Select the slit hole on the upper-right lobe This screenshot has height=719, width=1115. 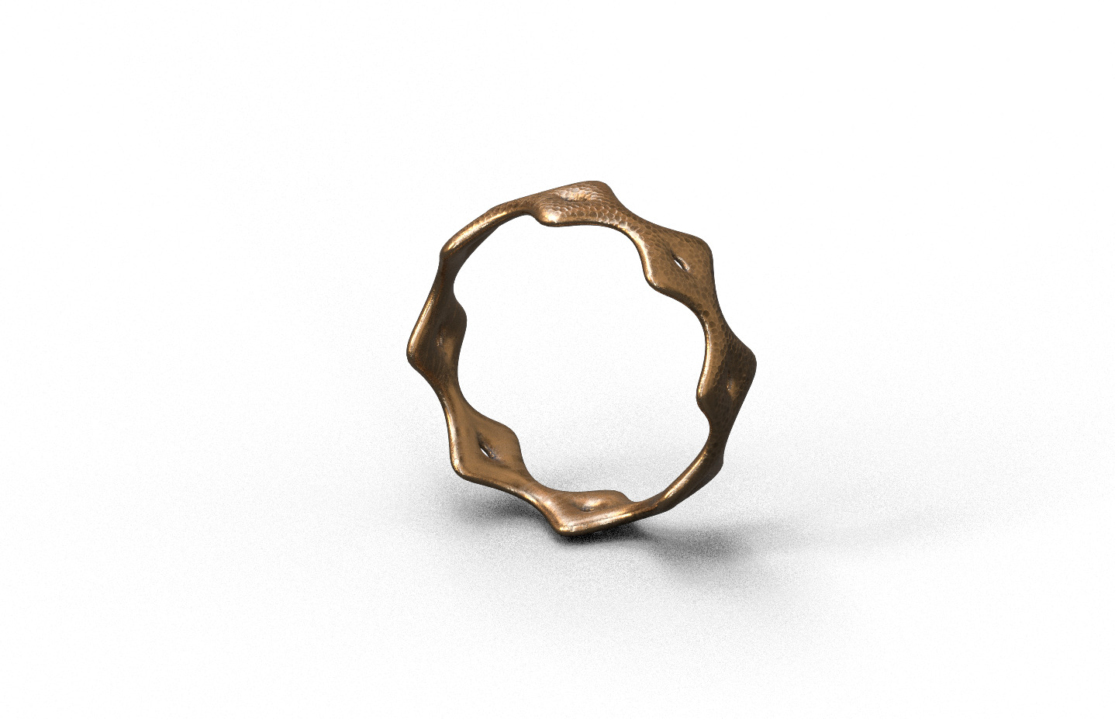680,264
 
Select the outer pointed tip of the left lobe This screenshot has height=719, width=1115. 409,345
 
